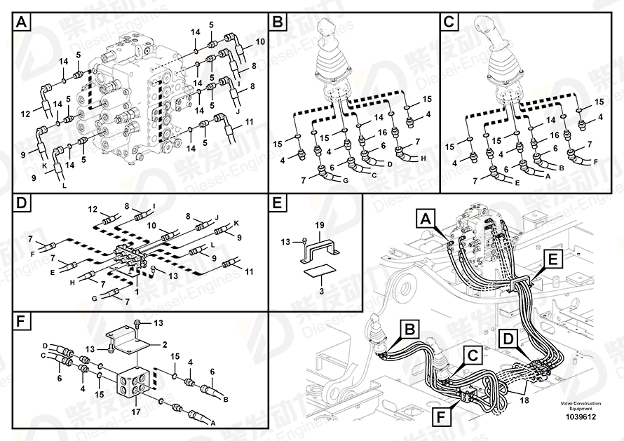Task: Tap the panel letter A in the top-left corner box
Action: pyautogui.click(x=22, y=22)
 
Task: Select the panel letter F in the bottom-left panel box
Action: pyautogui.click(x=21, y=322)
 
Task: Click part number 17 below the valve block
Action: pyautogui.click(x=136, y=412)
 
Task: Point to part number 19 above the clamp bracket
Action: pyautogui.click(x=320, y=226)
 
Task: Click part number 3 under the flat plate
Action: pyautogui.click(x=321, y=291)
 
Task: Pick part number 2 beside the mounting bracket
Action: pyautogui.click(x=164, y=345)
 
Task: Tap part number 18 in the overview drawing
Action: pyautogui.click(x=524, y=400)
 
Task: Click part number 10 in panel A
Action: pyautogui.click(x=260, y=41)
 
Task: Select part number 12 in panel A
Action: pyautogui.click(x=25, y=114)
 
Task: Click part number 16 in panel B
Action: pyautogui.click(x=382, y=133)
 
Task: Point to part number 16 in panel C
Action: pyautogui.click(x=555, y=135)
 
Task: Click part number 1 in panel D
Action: pyautogui.click(x=137, y=292)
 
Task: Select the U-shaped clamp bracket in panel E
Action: pyautogui.click(x=320, y=252)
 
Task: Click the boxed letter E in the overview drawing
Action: pyautogui.click(x=553, y=260)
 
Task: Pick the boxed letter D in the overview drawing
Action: pyautogui.click(x=508, y=339)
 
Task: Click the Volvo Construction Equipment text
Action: pyautogui.click(x=581, y=406)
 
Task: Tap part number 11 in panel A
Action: pyautogui.click(x=249, y=122)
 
